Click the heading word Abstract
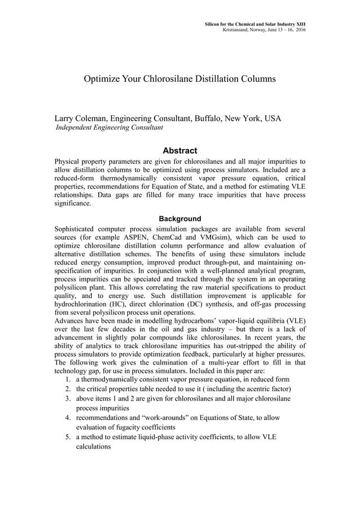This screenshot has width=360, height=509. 179,151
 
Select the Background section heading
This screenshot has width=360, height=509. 179,218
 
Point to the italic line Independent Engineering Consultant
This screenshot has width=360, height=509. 108,128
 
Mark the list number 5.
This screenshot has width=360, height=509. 67,437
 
